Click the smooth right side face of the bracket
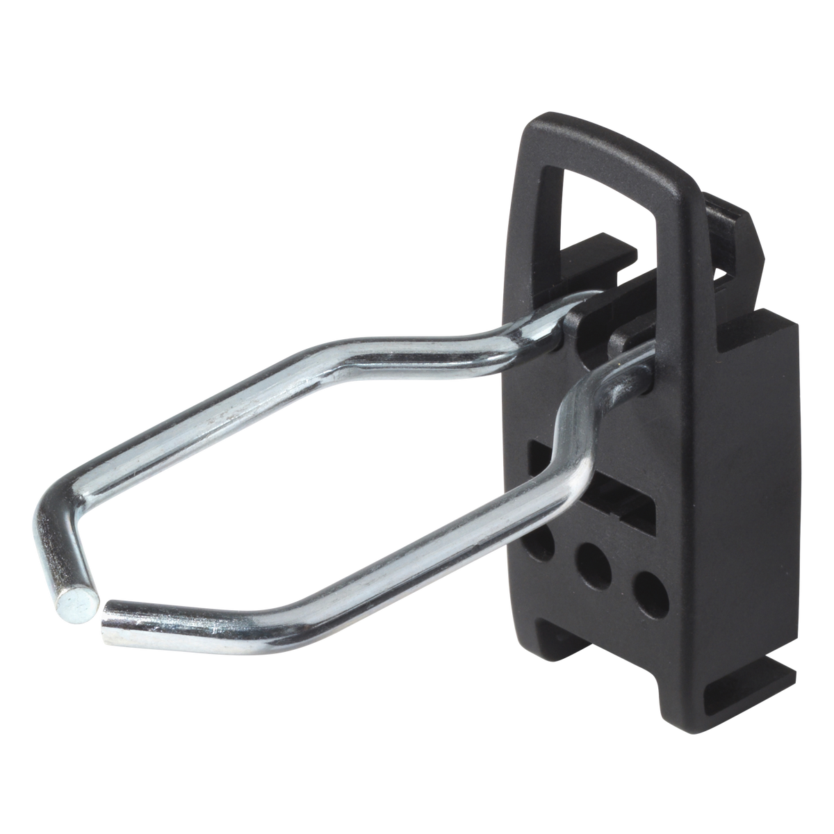coord(764,486)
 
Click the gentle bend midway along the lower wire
coord(306,598)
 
